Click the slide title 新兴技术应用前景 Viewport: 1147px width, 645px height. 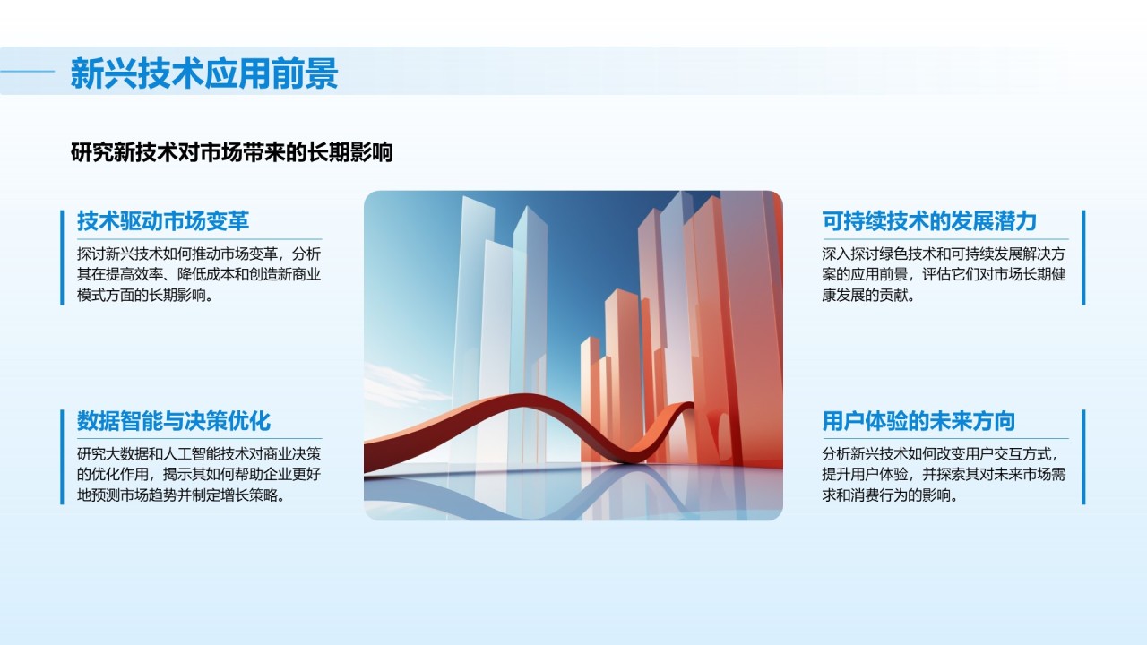pos(204,73)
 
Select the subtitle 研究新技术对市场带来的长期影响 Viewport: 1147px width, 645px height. pos(231,152)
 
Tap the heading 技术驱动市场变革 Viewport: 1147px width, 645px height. pos(163,221)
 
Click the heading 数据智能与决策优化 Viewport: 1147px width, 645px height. pos(174,421)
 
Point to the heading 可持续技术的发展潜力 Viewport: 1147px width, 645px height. pos(929,221)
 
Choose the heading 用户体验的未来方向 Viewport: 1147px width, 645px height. pos(918,421)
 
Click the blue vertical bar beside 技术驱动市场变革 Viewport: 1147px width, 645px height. pos(62,257)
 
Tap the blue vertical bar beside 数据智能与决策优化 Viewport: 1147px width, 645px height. pos(62,457)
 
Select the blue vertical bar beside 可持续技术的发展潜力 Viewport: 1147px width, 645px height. pos(1083,257)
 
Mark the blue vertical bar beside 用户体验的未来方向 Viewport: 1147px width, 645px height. pos(1083,457)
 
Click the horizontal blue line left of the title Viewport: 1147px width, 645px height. pos(27,72)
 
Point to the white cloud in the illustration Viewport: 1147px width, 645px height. pos(400,384)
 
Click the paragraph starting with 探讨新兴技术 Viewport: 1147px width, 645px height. pos(199,274)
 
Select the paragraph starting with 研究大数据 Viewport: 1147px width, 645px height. pos(199,475)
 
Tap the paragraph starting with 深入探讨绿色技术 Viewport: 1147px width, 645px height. pos(944,274)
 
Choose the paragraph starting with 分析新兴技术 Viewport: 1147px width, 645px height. pos(944,475)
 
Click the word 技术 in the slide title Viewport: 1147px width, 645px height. pos(170,73)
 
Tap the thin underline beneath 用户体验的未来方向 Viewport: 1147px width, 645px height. pos(945,439)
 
